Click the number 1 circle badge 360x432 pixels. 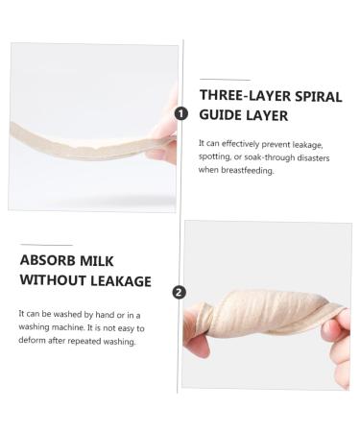click(x=180, y=112)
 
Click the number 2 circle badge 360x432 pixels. click(x=180, y=292)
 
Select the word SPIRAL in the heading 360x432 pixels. click(x=317, y=96)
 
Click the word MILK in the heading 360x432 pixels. click(x=106, y=260)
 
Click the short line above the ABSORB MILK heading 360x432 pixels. click(x=45, y=245)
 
